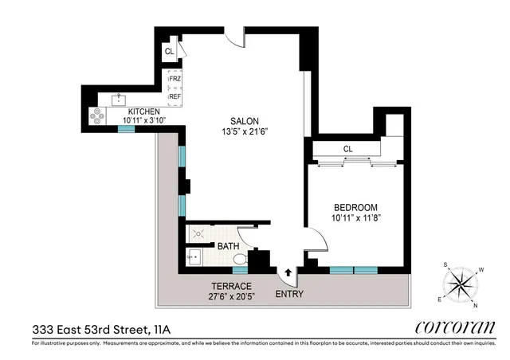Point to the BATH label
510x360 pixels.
[228, 247]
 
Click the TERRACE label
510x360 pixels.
[231, 286]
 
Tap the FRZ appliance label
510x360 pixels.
[175, 80]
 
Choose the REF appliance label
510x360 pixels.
[175, 96]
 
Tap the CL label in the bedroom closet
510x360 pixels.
[347, 149]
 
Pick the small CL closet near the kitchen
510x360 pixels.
[169, 52]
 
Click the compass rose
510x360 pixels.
[461, 284]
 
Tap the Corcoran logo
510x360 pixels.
[456, 327]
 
